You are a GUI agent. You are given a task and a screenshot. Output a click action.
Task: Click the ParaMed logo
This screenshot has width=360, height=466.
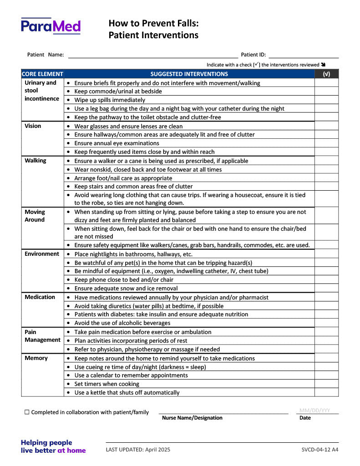(x=51, y=26)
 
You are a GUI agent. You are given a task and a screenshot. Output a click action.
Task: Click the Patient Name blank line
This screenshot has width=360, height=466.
(x=153, y=56)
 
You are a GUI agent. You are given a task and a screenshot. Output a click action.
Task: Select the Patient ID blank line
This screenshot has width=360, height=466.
(x=304, y=56)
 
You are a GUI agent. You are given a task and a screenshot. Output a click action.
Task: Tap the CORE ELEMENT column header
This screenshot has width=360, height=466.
(x=42, y=74)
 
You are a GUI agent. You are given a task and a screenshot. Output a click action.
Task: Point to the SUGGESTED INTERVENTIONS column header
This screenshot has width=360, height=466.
(x=189, y=74)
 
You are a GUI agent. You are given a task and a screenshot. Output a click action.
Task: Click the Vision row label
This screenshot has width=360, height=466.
(x=33, y=126)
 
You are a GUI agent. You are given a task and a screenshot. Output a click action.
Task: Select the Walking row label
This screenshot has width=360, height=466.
(x=35, y=161)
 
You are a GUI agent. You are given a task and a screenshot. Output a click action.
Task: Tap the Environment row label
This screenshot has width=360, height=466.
(x=42, y=254)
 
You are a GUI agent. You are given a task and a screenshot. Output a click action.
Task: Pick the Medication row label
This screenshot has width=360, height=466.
(x=40, y=297)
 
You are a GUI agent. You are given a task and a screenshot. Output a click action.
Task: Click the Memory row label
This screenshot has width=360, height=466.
(x=36, y=358)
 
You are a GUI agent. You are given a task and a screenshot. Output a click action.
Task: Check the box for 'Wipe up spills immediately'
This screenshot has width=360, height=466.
(x=326, y=100)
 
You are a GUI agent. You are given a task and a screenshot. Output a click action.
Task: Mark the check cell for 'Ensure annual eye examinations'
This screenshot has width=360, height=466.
(x=326, y=143)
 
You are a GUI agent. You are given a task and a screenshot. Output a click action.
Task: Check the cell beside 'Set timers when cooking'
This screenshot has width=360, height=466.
(x=326, y=384)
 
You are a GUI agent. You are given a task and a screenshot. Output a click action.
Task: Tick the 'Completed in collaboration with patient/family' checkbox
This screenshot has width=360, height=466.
(x=27, y=412)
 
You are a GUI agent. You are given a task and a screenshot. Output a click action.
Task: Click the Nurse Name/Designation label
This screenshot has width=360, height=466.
(x=192, y=418)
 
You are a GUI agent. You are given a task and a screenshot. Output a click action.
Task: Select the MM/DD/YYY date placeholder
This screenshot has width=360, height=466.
(x=314, y=410)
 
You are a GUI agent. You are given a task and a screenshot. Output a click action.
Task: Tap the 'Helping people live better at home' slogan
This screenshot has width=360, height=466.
(x=53, y=446)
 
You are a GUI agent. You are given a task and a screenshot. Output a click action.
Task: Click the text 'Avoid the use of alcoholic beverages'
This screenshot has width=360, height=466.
(x=122, y=323)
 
